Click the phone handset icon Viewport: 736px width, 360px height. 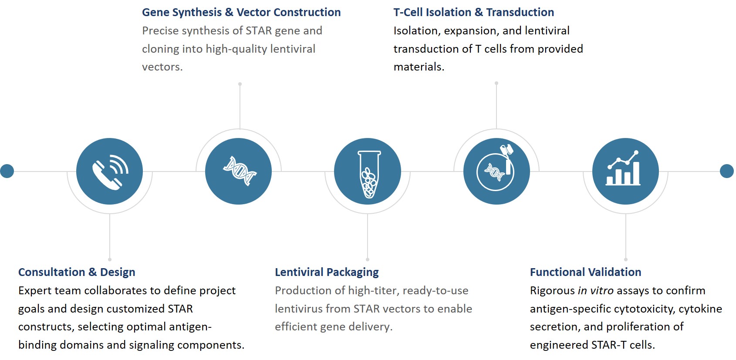coord(109,172)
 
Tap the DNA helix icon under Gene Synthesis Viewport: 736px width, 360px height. coord(239,172)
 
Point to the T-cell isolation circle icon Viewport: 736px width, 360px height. coord(496,172)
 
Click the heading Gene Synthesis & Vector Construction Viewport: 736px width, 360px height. coord(241,12)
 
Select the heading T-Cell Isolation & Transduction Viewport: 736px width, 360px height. coord(473,12)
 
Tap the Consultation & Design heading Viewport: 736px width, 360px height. coord(77,272)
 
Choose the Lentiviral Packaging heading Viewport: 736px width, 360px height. coord(327,272)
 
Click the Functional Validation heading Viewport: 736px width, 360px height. coord(585,272)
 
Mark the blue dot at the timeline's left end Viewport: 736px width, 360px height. coord(7,171)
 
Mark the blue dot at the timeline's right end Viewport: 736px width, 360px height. coord(726,171)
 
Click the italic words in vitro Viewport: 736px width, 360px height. coord(595,290)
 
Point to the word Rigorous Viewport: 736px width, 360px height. coord(552,290)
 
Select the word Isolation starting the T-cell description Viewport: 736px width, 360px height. coord(415,31)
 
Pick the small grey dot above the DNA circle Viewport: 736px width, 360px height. coord(240,84)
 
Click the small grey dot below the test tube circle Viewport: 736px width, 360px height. coord(368,259)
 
